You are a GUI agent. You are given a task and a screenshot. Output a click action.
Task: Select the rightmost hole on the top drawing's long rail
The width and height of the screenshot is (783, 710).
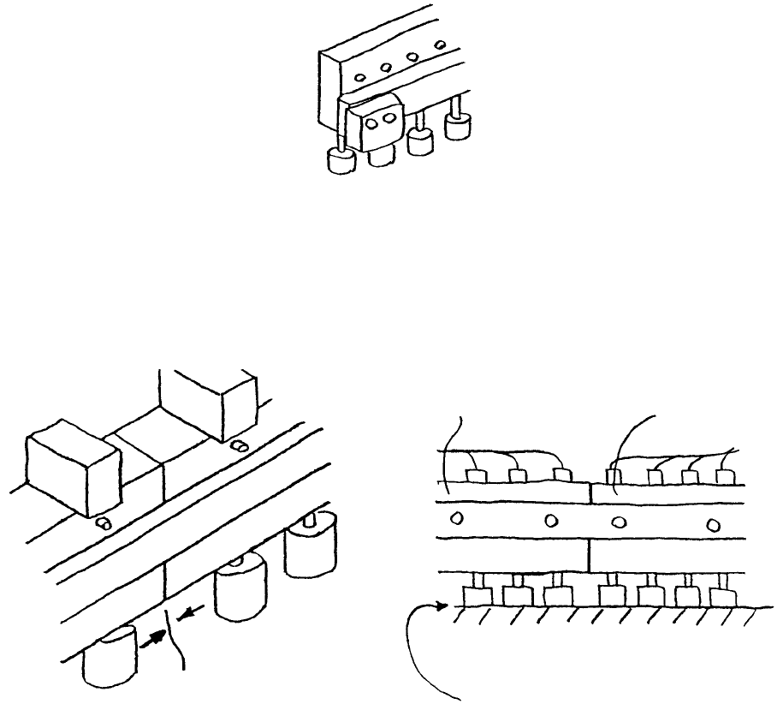click(x=441, y=44)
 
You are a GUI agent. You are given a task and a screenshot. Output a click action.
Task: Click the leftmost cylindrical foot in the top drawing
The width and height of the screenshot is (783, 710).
click(x=342, y=162)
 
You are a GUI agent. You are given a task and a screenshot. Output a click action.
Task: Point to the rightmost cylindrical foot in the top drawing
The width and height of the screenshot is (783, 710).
click(x=460, y=128)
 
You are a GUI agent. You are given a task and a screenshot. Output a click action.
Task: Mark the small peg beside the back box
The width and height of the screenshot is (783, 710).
click(x=240, y=445)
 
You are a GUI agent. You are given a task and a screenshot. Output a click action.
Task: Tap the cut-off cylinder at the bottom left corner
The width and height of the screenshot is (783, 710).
click(x=111, y=659)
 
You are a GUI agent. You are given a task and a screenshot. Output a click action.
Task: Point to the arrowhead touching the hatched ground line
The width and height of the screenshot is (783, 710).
click(x=442, y=607)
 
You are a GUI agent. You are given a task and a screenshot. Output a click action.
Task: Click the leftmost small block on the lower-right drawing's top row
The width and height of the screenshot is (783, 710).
click(x=473, y=474)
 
